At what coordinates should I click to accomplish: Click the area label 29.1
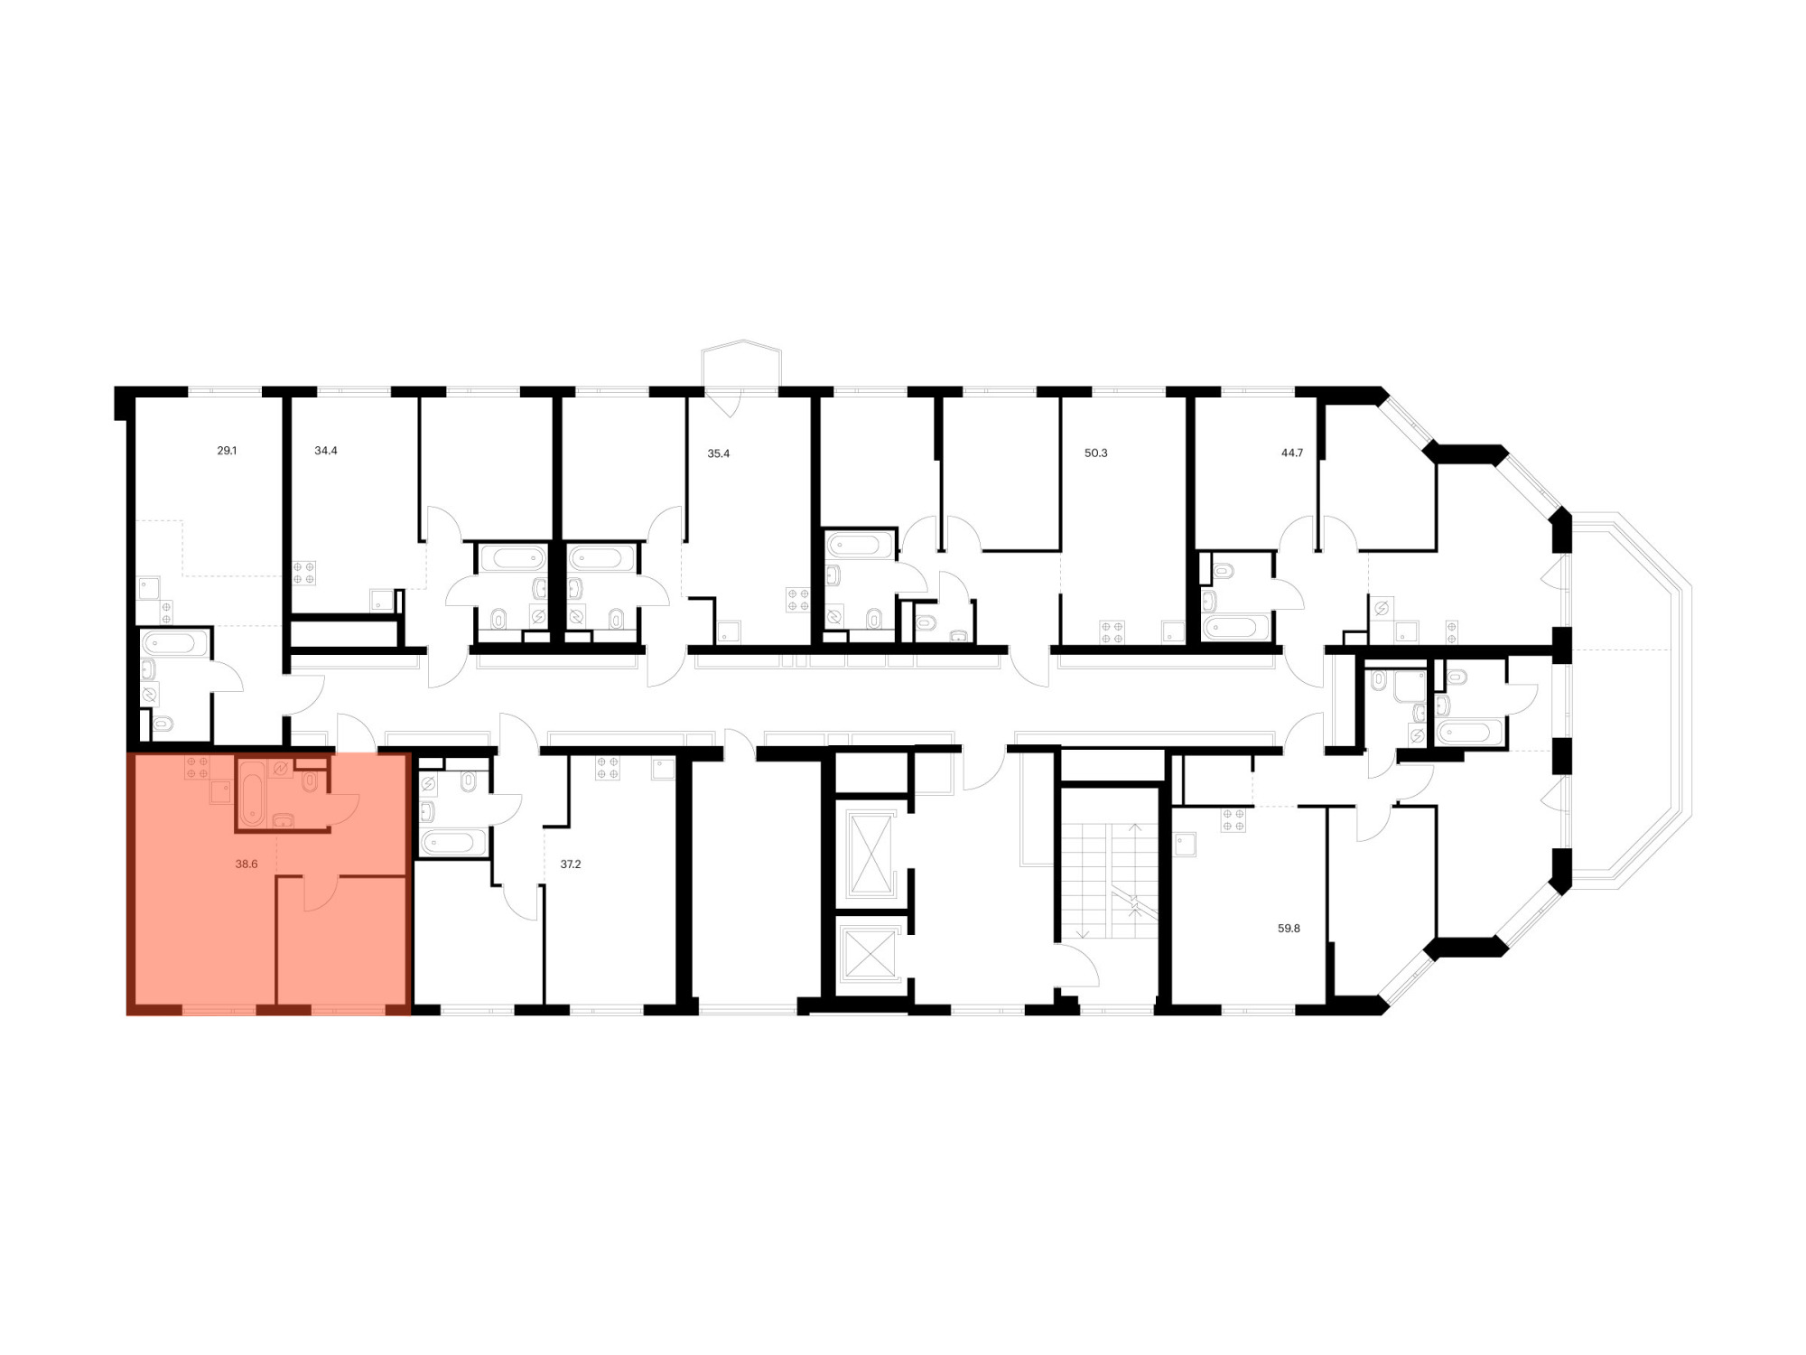pyautogui.click(x=227, y=450)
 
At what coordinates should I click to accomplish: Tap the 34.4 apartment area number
pyautogui.click(x=326, y=450)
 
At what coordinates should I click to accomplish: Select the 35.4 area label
pyautogui.click(x=719, y=453)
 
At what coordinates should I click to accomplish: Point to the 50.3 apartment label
pyautogui.click(x=1096, y=453)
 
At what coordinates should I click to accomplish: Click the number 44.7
pyautogui.click(x=1292, y=453)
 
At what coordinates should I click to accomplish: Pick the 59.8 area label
pyautogui.click(x=1289, y=928)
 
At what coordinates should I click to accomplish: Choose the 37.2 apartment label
pyautogui.click(x=571, y=864)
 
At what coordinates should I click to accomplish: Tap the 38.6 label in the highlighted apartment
pyautogui.click(x=247, y=864)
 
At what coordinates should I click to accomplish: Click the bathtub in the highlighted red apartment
pyautogui.click(x=253, y=793)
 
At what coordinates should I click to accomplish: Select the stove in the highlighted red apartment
pyautogui.click(x=197, y=767)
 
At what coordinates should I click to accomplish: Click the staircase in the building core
pyautogui.click(x=1110, y=881)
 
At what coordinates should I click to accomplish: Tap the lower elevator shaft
pyautogui.click(x=869, y=953)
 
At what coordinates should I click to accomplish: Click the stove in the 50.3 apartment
pyautogui.click(x=1112, y=632)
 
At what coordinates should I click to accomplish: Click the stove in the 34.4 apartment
pyautogui.click(x=304, y=573)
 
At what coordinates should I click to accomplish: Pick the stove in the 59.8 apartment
pyautogui.click(x=1233, y=820)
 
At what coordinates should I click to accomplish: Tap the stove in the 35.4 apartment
pyautogui.click(x=798, y=600)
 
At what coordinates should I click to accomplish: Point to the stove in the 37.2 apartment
pyautogui.click(x=608, y=768)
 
